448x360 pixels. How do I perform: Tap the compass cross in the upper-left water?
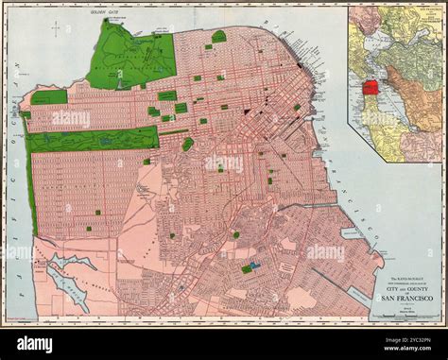pos(56,30)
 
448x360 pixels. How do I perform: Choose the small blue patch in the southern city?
pos(254,266)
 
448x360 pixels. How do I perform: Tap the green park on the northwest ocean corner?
pos(48,97)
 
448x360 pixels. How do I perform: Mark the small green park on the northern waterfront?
pos(219,37)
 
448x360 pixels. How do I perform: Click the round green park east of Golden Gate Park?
pos(187,144)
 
